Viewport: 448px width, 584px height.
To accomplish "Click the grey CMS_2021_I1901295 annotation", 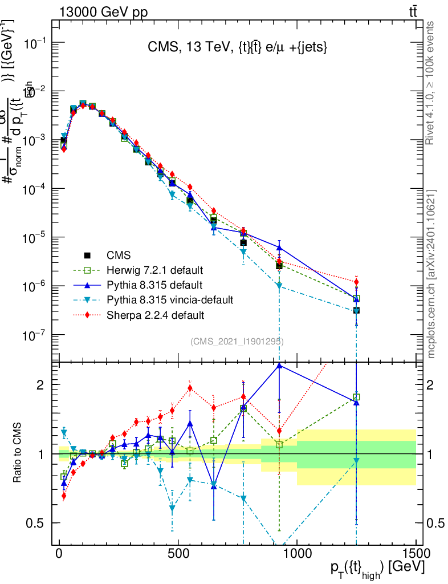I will (237, 341).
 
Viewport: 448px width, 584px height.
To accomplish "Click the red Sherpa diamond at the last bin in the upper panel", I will (356, 282).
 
